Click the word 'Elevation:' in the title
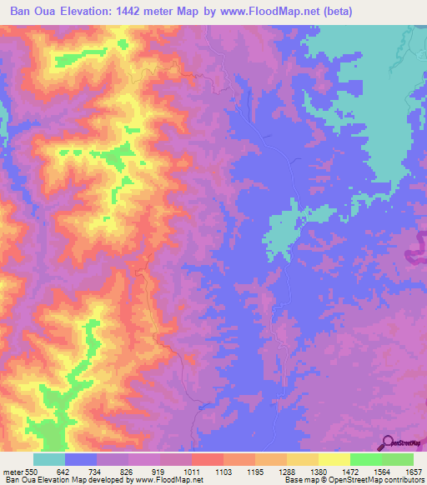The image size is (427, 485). [93, 12]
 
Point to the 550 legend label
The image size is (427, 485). [31, 471]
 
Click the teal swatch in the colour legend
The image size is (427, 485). [48, 459]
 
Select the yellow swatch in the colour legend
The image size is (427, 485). [334, 459]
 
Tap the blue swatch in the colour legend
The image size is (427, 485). [81, 459]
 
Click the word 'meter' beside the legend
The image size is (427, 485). [12, 471]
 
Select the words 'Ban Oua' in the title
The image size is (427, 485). [33, 12]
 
